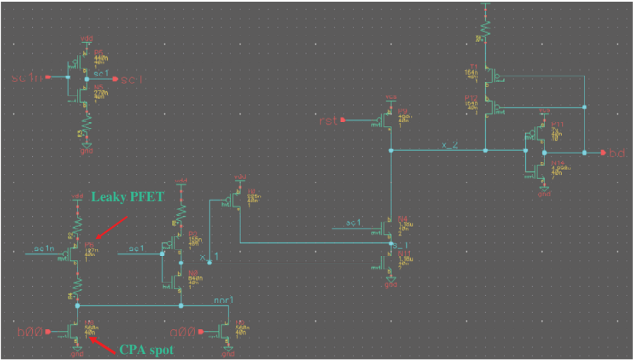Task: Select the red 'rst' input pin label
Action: tap(329, 120)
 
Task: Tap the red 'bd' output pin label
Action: tap(617, 153)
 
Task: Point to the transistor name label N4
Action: tap(404, 218)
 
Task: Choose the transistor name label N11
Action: tap(404, 253)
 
